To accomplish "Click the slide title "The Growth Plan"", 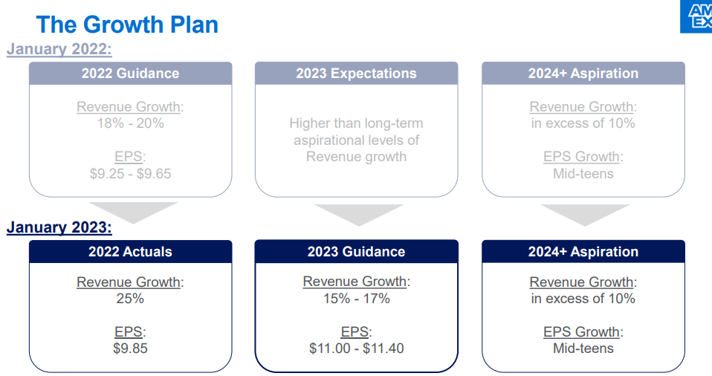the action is [x=127, y=25].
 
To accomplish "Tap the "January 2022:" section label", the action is [x=59, y=49].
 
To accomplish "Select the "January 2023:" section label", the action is [x=59, y=227].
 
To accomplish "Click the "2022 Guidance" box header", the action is [x=130, y=74].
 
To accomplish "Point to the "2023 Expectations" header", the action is [x=357, y=74].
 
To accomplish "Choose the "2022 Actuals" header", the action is [x=130, y=252].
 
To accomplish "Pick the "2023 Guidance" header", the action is [x=357, y=252].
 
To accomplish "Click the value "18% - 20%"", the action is [x=130, y=123].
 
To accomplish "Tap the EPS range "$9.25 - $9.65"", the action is [x=130, y=173].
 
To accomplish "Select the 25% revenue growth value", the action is [x=130, y=299].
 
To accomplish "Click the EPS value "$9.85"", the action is [x=130, y=349].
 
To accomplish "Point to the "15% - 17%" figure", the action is [x=357, y=299].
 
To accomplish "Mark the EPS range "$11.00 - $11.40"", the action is [x=357, y=349].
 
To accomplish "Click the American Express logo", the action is [x=696, y=16].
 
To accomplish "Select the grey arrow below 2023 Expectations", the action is [x=359, y=215].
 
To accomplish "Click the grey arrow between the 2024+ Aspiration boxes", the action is [x=585, y=215].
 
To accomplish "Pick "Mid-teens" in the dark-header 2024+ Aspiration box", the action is [x=583, y=349].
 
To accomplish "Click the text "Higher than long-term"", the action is [x=357, y=123].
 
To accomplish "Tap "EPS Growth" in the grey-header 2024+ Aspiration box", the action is [x=582, y=157].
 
